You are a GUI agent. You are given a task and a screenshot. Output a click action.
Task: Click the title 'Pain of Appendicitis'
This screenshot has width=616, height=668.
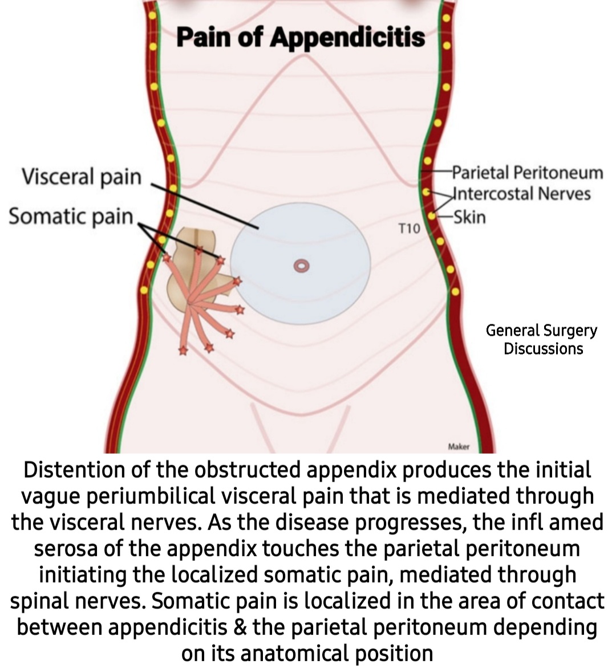301,38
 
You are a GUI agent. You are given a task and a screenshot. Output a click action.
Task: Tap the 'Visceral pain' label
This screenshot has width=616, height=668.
81,176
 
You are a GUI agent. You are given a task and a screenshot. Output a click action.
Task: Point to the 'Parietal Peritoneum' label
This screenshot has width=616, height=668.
527,172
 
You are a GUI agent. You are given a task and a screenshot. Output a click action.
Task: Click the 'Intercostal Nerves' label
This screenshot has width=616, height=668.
521,194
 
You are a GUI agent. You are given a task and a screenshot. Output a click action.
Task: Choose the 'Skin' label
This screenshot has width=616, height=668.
469,217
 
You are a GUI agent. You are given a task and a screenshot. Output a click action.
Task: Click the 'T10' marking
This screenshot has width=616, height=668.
408,229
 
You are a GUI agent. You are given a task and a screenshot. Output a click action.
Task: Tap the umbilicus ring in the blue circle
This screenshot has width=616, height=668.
301,265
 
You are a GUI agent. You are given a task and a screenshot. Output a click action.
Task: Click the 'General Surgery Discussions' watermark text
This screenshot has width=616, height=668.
542,340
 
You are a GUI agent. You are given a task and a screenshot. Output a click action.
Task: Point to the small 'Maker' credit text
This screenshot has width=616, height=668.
458,447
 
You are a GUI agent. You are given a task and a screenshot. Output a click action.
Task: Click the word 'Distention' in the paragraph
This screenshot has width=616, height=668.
72,471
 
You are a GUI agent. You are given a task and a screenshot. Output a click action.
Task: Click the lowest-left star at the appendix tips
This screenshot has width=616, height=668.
183,351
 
